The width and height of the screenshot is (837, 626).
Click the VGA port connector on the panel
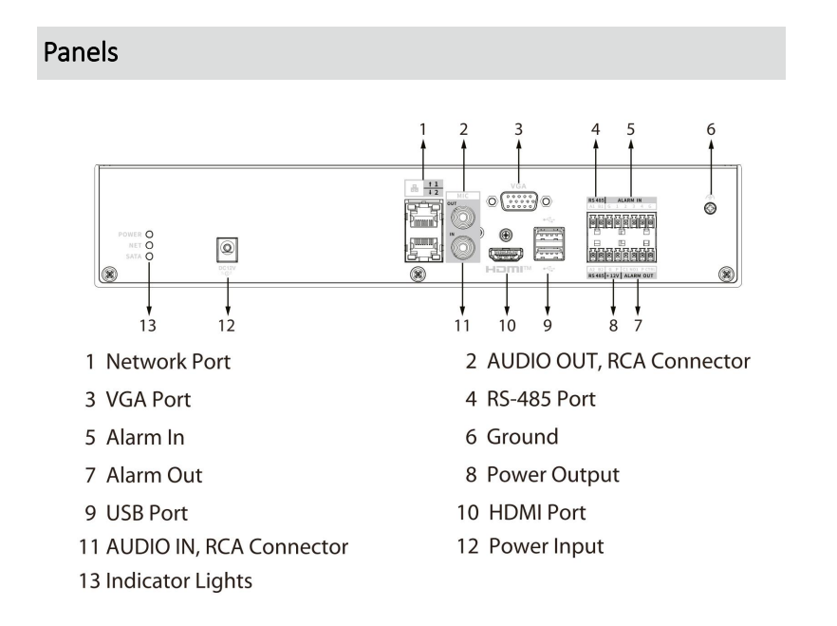(518, 201)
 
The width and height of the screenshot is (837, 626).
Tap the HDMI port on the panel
(508, 255)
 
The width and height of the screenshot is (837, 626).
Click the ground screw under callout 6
(710, 204)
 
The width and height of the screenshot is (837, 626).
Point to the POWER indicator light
(149, 233)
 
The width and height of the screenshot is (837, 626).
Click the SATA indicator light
(149, 256)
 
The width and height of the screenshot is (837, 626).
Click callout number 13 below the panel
(148, 325)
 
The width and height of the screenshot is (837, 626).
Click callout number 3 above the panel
(519, 127)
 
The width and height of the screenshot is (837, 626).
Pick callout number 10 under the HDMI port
(507, 325)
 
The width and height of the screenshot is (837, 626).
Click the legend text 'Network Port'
(168, 362)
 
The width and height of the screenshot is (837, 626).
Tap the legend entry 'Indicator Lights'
(179, 580)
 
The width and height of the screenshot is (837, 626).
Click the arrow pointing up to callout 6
(710, 161)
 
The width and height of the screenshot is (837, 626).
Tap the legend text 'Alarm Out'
(156, 474)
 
